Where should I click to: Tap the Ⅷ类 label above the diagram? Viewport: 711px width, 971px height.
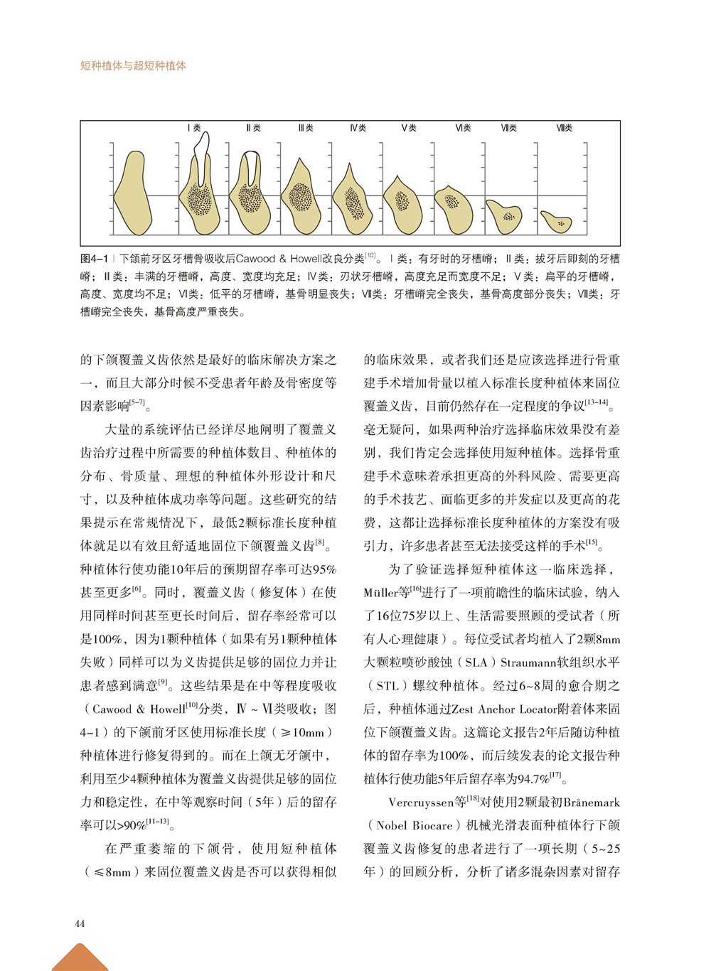tap(565, 128)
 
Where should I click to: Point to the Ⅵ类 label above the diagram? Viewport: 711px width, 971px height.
tap(463, 128)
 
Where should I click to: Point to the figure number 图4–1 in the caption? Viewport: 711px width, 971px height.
tap(94, 258)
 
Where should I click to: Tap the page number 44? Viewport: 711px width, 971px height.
tap(80, 923)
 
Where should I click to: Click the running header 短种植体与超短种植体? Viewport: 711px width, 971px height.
tap(133, 65)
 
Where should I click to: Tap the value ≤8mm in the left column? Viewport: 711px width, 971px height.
tap(112, 871)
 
